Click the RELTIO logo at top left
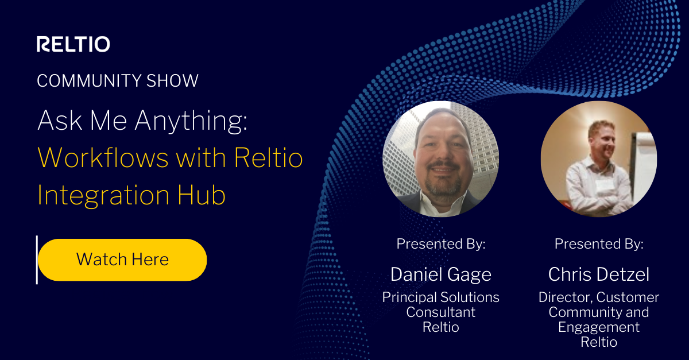73,44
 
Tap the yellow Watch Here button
122,260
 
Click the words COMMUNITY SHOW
118,80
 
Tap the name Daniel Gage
440,274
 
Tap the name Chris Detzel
598,274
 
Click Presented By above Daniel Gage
440,244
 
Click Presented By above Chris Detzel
598,244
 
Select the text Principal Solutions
440,297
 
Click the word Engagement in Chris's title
598,327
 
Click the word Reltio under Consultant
440,327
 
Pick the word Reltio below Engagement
598,342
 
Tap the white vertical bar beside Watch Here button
37,260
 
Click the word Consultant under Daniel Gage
440,312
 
